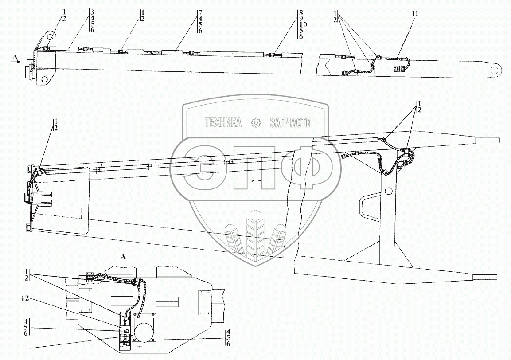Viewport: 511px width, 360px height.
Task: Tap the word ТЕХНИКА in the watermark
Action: (222, 123)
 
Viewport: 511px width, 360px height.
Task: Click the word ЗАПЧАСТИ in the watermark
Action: (290, 123)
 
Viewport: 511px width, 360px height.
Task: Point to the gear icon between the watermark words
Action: (256, 123)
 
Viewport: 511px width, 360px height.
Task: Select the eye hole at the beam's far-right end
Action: (495, 69)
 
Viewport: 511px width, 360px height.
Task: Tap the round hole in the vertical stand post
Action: (389, 191)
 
